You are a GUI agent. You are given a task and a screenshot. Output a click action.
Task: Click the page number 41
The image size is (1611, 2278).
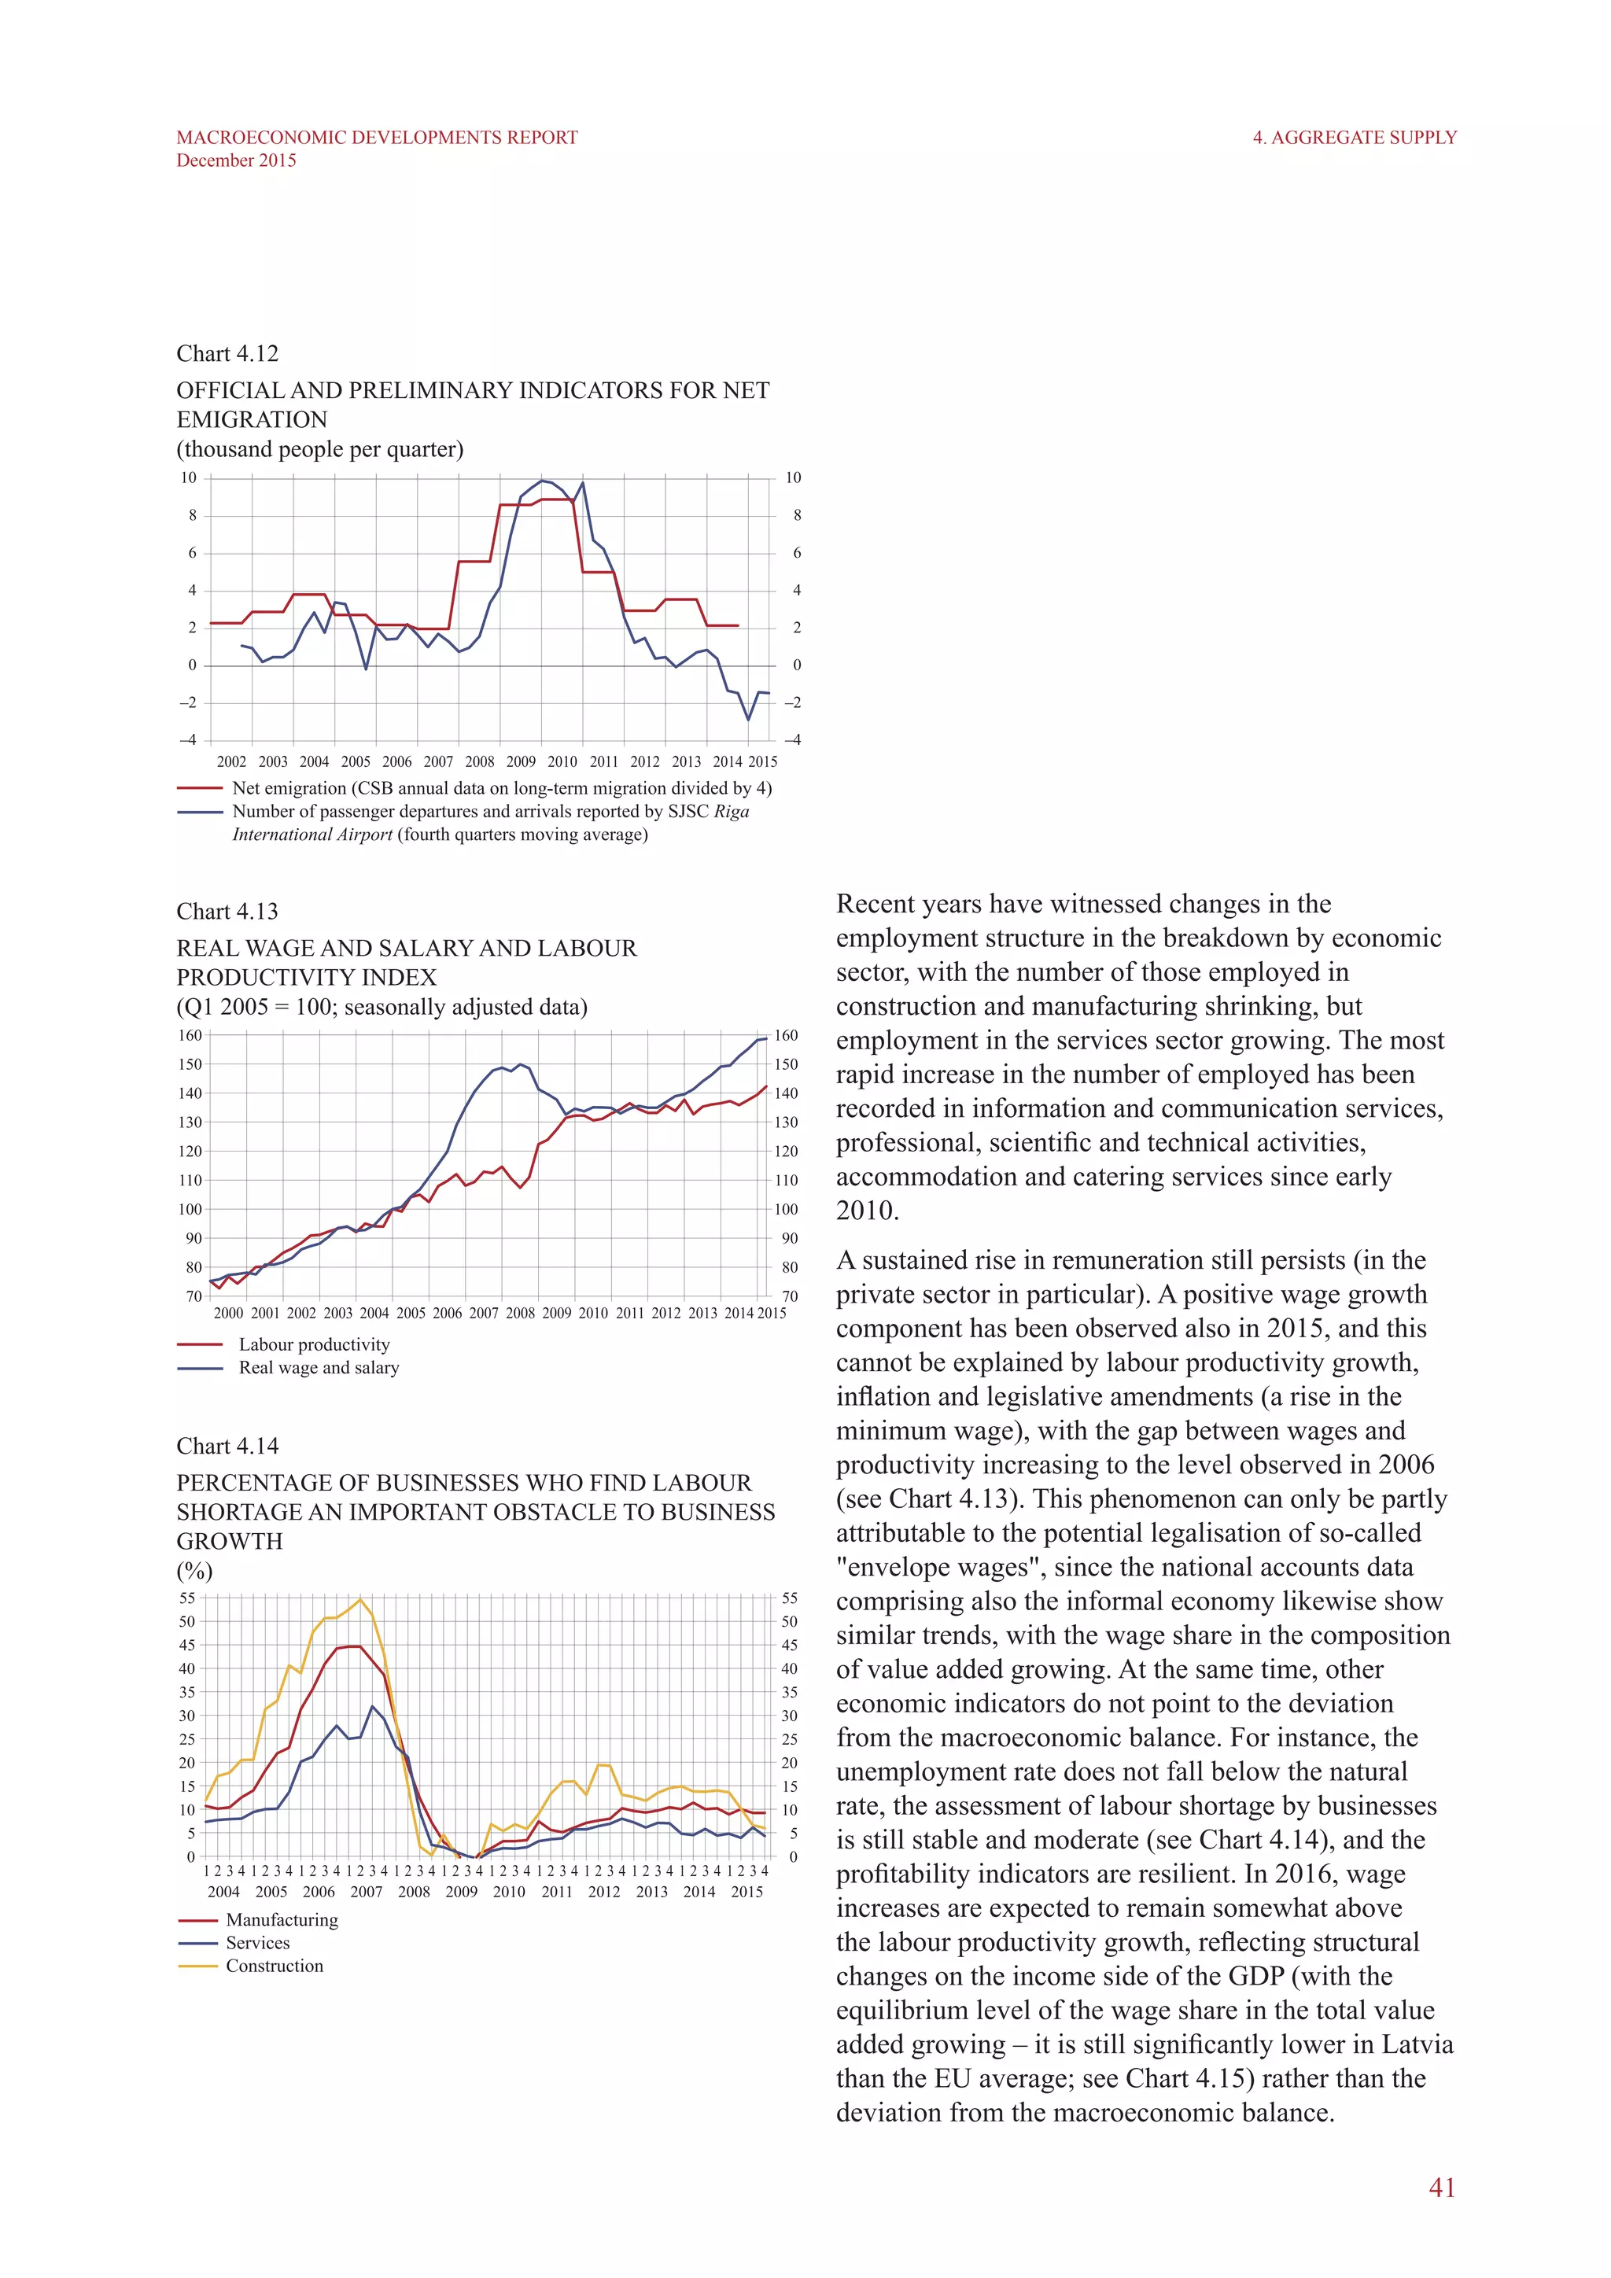(1441, 2187)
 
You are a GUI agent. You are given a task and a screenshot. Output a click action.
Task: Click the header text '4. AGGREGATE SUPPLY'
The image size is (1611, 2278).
(1354, 138)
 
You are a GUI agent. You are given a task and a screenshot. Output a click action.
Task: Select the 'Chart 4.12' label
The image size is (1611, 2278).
(227, 354)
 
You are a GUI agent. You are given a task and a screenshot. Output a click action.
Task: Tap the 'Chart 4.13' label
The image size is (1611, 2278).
(227, 912)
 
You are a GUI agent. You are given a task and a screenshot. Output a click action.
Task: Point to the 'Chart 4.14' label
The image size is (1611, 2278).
(227, 1447)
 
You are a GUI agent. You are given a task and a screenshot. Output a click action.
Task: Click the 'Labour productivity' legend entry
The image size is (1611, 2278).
(314, 1344)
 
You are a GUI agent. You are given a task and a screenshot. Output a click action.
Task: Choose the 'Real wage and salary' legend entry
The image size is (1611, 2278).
(319, 1367)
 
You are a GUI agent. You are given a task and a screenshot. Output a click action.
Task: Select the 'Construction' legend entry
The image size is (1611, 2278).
(274, 1966)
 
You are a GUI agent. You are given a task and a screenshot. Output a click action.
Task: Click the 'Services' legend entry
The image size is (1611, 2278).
(258, 1943)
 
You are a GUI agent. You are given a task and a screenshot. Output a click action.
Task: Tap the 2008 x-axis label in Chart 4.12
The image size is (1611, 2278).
(479, 762)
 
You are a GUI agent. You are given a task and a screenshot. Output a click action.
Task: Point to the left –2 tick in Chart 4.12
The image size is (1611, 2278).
(187, 702)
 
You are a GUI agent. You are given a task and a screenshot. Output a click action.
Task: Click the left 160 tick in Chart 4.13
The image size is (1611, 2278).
(190, 1035)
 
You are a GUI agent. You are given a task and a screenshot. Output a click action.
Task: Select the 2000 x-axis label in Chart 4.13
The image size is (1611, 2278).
(228, 1313)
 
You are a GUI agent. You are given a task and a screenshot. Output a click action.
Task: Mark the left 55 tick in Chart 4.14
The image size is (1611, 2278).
(186, 1598)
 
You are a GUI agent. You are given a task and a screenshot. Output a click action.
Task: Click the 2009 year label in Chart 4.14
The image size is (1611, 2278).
(461, 1891)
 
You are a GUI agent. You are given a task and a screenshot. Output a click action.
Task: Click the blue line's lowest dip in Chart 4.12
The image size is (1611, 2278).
(748, 719)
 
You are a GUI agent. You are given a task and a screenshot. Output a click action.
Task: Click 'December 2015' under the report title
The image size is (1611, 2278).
(236, 160)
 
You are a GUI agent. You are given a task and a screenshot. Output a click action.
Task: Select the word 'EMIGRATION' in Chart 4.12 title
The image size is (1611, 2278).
(252, 420)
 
